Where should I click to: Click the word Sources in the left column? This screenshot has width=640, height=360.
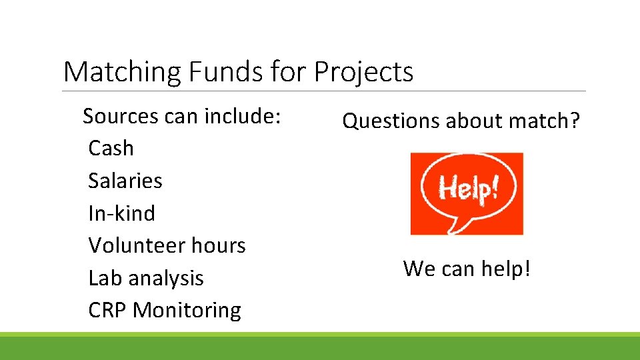121,116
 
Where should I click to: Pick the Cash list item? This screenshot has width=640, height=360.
111,148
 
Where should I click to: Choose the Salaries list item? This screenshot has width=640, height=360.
125,181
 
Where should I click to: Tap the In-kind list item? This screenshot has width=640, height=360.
121,213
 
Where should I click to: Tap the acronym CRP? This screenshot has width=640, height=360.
107,310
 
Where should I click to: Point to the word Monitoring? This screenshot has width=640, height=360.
187,310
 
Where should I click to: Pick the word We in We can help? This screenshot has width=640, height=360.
418,269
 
